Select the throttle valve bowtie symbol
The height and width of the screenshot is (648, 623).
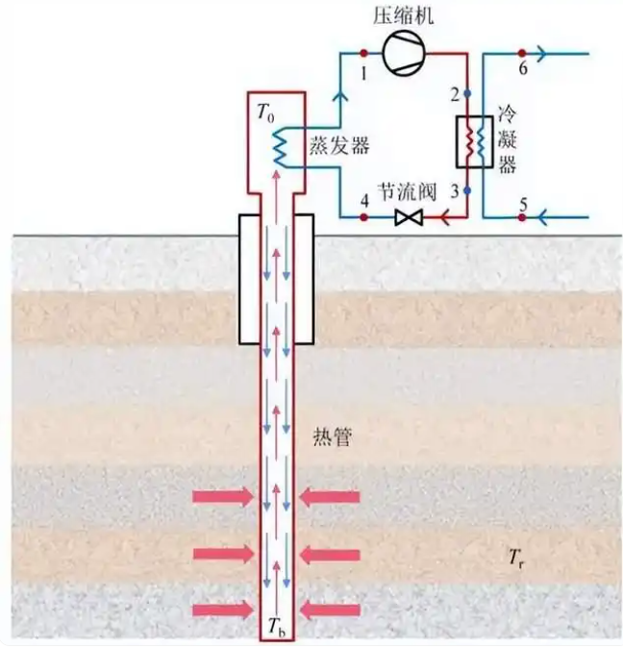409,218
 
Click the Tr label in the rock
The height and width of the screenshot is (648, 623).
517,557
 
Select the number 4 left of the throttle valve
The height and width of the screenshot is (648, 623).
364,200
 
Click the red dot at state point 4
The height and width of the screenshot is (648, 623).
364,218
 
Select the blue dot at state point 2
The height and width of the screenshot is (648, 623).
466,94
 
